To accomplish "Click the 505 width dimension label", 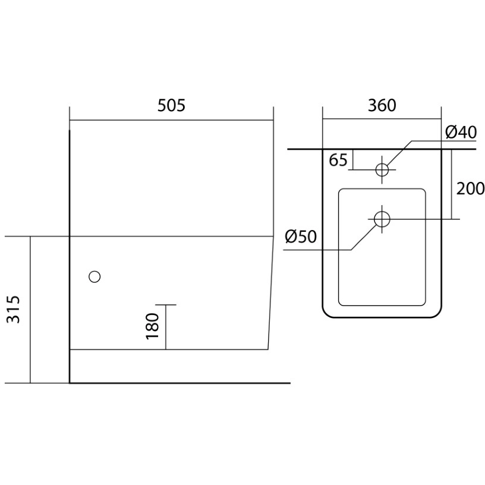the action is point(171,105).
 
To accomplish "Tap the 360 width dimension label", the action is point(382,105).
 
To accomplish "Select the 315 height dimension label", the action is point(14,310).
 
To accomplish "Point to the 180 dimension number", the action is point(152,326).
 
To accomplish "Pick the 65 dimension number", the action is point(338,160).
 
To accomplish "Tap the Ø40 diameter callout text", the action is point(461,133).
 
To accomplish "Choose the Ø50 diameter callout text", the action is point(301,237).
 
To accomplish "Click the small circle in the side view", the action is point(95,277).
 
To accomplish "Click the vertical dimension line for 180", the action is point(166,327).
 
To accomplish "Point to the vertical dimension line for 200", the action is point(451,184).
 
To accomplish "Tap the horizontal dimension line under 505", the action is point(171,120).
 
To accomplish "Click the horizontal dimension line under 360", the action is point(382,119).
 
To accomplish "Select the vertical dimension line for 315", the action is point(30,310).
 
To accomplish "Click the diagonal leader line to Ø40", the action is point(399,153).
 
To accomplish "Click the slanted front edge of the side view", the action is point(270,293).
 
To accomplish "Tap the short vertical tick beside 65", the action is point(353,159).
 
